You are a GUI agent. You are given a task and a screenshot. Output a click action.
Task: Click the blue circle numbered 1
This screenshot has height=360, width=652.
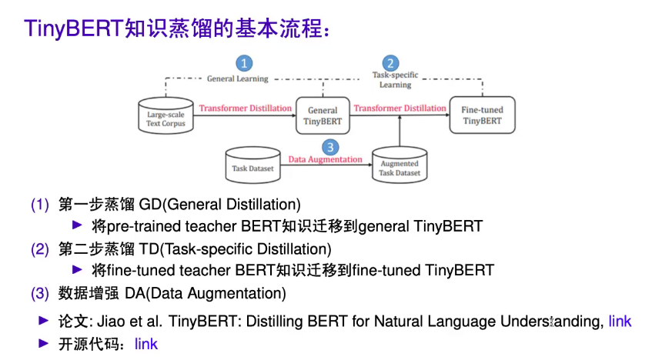pyautogui.click(x=244, y=63)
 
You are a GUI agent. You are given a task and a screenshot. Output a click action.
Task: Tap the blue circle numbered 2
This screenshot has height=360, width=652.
pyautogui.click(x=390, y=63)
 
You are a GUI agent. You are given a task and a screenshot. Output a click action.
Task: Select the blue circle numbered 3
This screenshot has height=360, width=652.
pyautogui.click(x=330, y=147)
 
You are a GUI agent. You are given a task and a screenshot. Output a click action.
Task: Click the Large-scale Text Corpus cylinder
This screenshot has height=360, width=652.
pyautogui.click(x=166, y=115)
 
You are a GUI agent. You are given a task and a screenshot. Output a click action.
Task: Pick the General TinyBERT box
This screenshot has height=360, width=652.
pyautogui.click(x=323, y=115)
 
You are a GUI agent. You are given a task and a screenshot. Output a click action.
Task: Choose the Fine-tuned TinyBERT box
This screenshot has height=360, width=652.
pyautogui.click(x=483, y=115)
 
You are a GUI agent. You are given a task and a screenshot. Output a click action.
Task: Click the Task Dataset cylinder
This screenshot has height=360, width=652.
pyautogui.click(x=252, y=165)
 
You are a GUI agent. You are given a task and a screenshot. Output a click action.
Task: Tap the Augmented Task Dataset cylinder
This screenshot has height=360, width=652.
pyautogui.click(x=400, y=165)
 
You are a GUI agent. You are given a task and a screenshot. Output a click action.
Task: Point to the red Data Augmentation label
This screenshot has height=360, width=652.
pyautogui.click(x=325, y=159)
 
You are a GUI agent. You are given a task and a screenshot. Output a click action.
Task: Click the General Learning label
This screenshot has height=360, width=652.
pyautogui.click(x=237, y=78)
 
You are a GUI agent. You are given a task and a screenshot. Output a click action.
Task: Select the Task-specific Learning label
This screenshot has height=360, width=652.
pyautogui.click(x=395, y=80)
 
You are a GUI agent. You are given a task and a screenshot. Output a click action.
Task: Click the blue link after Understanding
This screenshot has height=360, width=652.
pyautogui.click(x=620, y=322)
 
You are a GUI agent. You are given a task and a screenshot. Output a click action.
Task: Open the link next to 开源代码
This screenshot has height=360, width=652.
pyautogui.click(x=146, y=344)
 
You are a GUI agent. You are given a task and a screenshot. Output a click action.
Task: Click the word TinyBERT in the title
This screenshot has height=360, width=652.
pyautogui.click(x=74, y=28)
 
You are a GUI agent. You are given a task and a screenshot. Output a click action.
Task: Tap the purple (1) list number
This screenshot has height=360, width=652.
pyautogui.click(x=40, y=205)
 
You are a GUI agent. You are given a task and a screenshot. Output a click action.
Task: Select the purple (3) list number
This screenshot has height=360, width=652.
pyautogui.click(x=40, y=294)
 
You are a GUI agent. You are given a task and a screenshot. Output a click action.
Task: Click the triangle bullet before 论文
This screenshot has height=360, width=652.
pyautogui.click(x=44, y=321)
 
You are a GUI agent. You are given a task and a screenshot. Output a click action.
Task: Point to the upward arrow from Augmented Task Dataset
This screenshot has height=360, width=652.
pyautogui.click(x=400, y=131)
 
